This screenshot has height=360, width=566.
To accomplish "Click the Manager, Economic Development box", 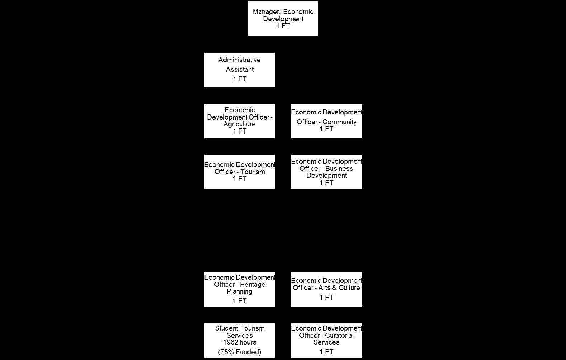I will [x=283, y=19].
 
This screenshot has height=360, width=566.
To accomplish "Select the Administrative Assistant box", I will [x=239, y=70].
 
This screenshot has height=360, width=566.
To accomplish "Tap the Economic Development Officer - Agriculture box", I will [x=239, y=121].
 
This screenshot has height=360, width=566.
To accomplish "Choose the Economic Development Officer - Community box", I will [x=326, y=121].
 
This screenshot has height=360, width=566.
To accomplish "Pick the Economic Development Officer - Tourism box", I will [x=239, y=172].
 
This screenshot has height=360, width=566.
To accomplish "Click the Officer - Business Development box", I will [x=326, y=172].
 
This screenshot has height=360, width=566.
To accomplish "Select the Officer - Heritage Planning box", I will [x=239, y=289].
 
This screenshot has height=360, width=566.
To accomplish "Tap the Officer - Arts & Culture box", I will [x=326, y=289].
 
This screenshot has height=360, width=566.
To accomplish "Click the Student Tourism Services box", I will [x=239, y=340].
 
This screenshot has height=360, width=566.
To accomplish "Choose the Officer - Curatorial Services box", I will [x=326, y=340].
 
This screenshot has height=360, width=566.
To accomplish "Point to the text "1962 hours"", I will [x=240, y=342].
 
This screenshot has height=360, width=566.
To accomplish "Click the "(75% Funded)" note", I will [x=240, y=352].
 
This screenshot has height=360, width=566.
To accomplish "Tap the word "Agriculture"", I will [x=240, y=124].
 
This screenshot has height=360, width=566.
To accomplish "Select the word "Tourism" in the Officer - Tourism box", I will [x=253, y=172].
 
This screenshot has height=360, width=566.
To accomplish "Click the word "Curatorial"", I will [x=339, y=335].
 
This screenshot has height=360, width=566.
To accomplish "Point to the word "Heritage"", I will [x=253, y=284].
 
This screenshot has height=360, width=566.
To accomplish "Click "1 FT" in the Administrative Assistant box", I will [x=240, y=79].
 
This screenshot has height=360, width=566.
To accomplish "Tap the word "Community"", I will [x=339, y=122].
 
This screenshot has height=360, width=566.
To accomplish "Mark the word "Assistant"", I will [x=240, y=70].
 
